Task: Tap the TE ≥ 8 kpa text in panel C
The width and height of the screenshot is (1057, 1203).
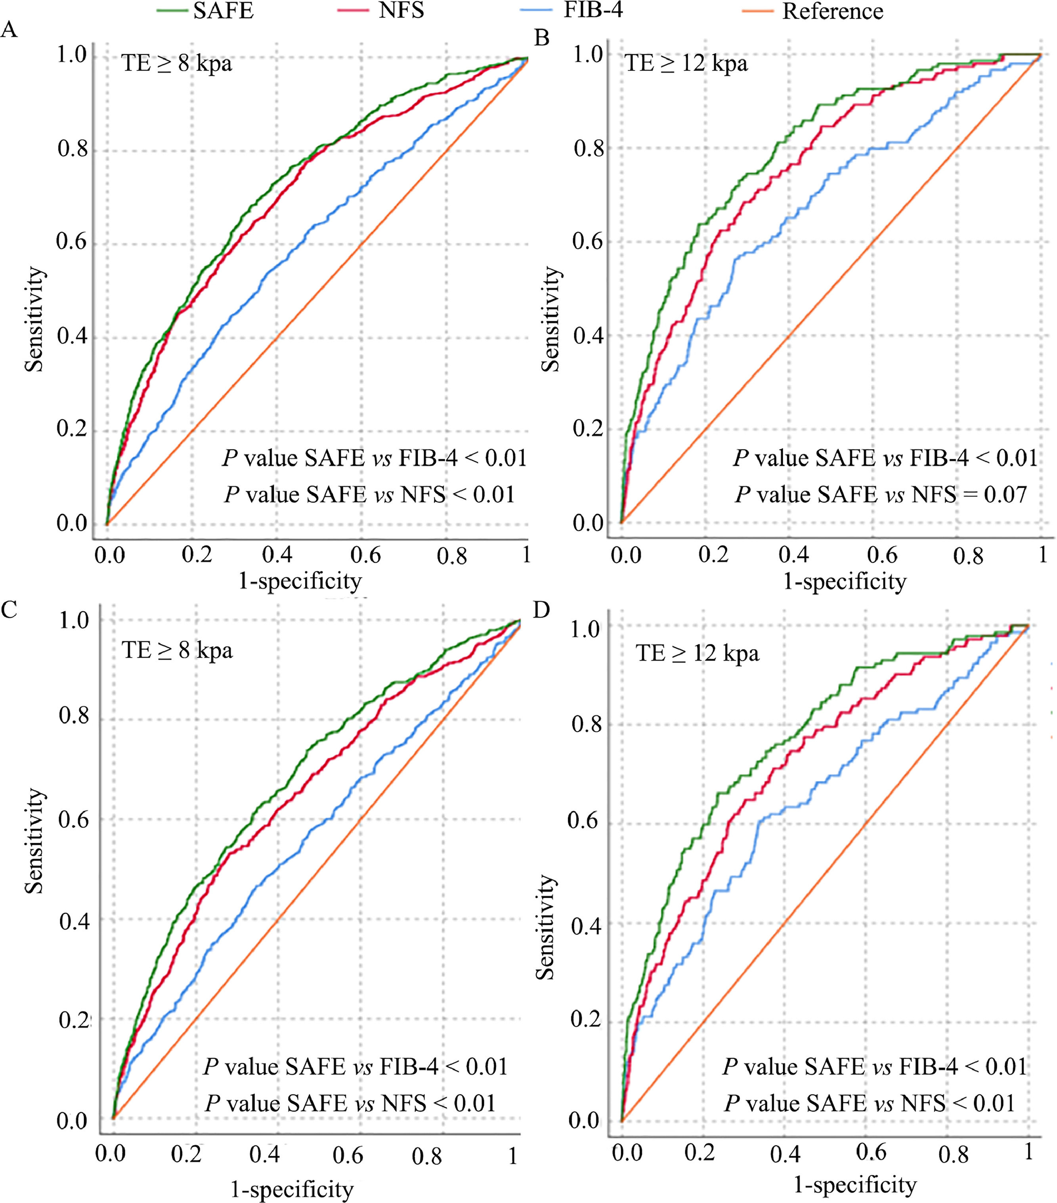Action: point(176,650)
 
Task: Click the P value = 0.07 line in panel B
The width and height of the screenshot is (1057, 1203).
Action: point(881,495)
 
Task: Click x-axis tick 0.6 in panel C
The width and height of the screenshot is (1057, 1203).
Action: point(348,1154)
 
